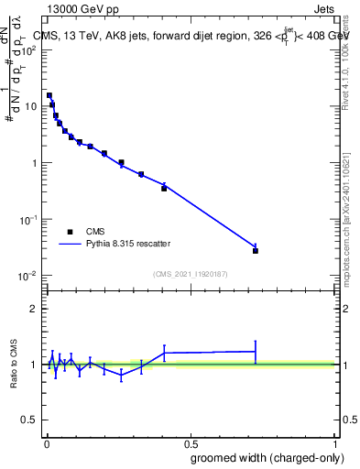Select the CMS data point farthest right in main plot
[x=256, y=250]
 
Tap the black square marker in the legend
[x=70, y=232]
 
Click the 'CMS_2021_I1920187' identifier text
[x=190, y=273]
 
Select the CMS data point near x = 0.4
[x=164, y=188]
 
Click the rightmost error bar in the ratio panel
[x=256, y=351]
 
